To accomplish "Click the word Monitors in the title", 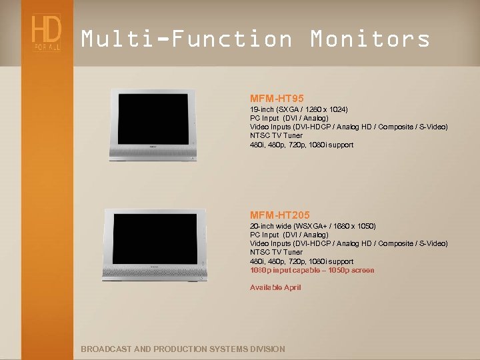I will click(x=370, y=39).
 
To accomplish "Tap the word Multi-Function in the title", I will click(x=187, y=39).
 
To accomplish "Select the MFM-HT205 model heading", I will click(x=279, y=215).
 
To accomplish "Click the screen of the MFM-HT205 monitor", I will click(x=155, y=239).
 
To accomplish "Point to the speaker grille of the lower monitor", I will click(x=155, y=272).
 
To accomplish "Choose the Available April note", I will click(x=275, y=287).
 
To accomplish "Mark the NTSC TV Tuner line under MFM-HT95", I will click(x=276, y=135).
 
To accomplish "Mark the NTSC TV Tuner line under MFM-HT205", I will click(x=276, y=252).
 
